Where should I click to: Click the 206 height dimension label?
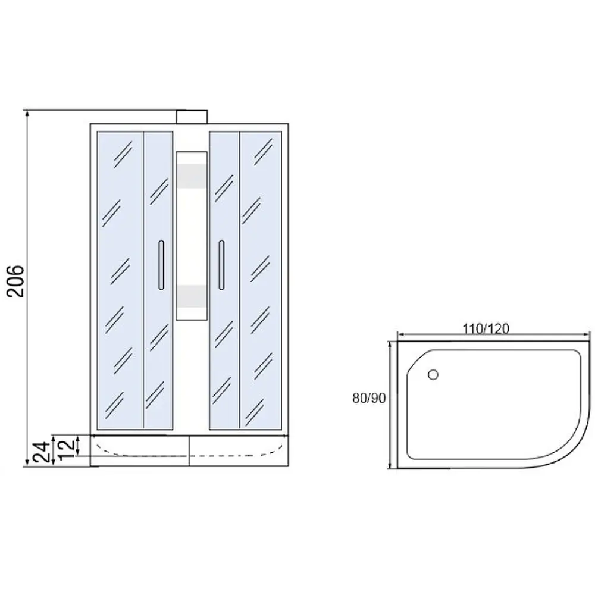tap(16, 281)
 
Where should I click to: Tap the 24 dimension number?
tap(42, 452)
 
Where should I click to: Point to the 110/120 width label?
tap(486, 328)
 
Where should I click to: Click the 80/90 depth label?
tap(369, 397)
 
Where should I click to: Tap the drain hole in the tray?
tap(433, 375)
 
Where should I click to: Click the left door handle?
tap(161, 265)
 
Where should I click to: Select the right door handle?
tap(221, 265)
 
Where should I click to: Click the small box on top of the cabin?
tap(192, 117)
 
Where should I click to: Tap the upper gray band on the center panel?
tap(192, 176)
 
